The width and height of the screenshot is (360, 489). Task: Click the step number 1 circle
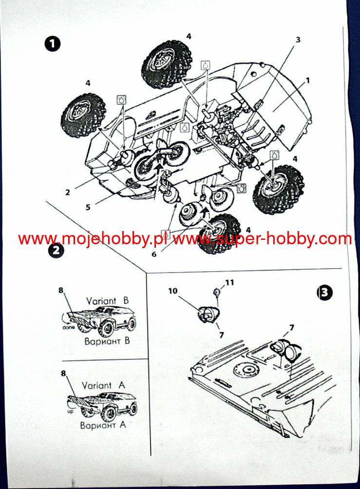point(52,44)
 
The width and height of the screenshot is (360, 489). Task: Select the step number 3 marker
point(324,293)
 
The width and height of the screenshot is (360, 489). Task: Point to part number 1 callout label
point(307,79)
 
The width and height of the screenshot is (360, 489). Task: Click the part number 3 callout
point(298,40)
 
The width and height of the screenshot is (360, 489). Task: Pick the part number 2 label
point(68,192)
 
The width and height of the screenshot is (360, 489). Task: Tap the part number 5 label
point(88,207)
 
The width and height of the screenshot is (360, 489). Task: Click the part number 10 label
point(173,292)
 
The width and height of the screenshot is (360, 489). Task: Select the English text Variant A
point(103,385)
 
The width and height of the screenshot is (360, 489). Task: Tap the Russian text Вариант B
point(107,341)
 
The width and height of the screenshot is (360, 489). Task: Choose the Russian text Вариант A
point(103,425)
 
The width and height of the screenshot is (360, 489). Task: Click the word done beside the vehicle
point(68,327)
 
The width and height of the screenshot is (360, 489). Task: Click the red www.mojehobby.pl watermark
point(93,239)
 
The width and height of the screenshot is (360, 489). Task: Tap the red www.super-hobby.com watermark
point(262,239)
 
